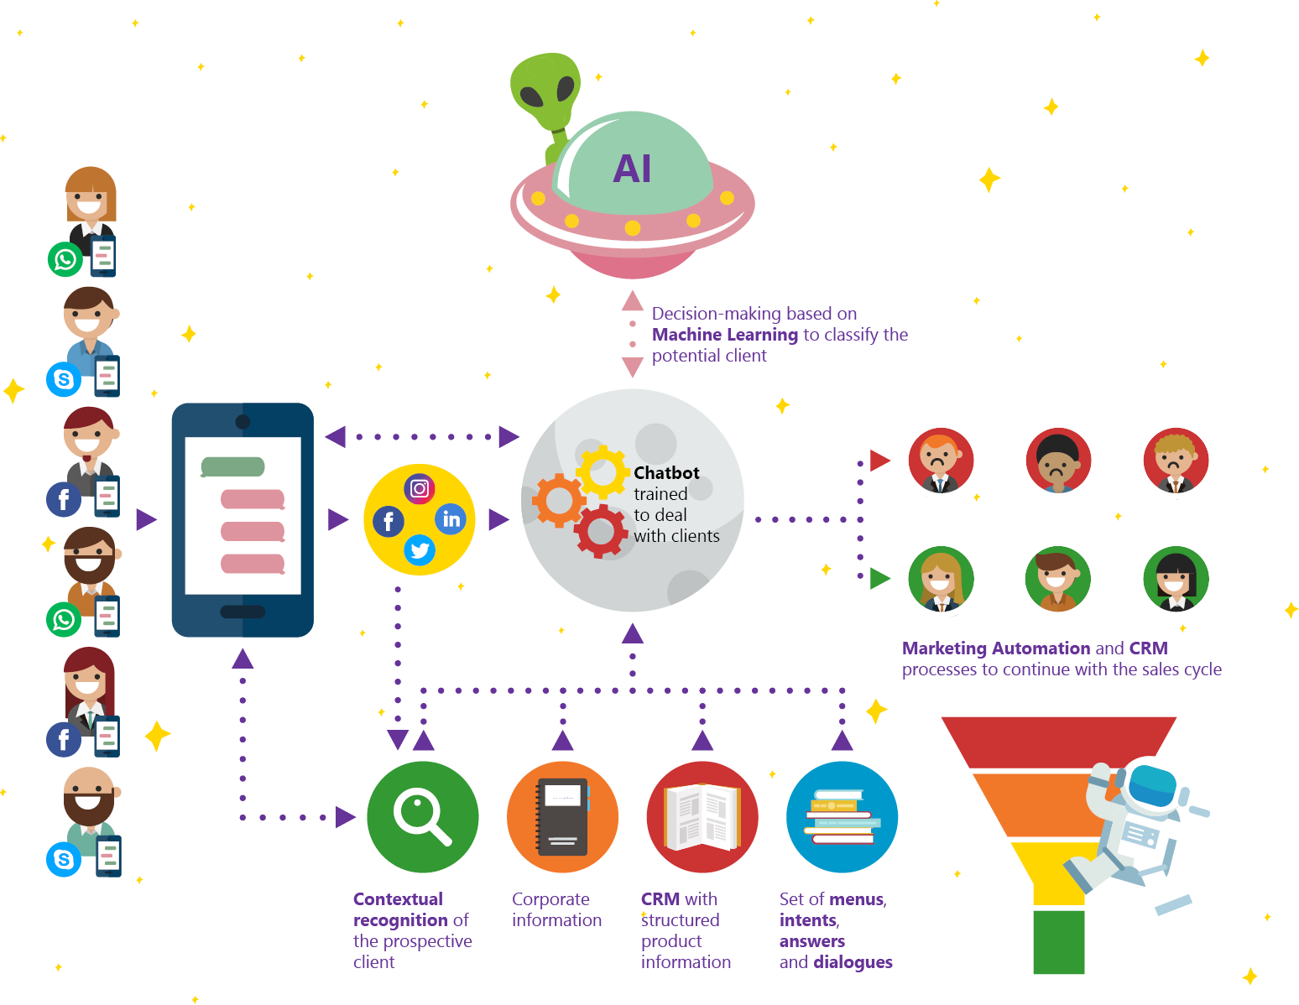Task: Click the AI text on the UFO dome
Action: click(x=631, y=169)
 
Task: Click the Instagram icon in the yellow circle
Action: click(x=419, y=489)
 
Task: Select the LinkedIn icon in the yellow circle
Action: click(x=450, y=519)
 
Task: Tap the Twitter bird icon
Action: click(x=419, y=550)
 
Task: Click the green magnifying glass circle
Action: click(x=422, y=816)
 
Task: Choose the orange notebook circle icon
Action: click(x=562, y=816)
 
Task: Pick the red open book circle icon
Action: click(x=702, y=816)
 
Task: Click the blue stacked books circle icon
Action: click(x=842, y=816)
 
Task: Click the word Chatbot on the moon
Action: click(x=666, y=472)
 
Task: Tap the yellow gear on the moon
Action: click(x=602, y=472)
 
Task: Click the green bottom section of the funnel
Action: click(x=1058, y=942)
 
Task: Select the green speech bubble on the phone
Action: click(x=232, y=466)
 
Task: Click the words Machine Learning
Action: click(x=724, y=335)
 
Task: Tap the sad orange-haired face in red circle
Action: click(x=941, y=460)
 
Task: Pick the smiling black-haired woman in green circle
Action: click(x=1176, y=578)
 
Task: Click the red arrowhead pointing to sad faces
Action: click(x=879, y=460)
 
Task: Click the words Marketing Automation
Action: click(x=995, y=648)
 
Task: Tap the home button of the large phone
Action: click(x=243, y=612)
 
